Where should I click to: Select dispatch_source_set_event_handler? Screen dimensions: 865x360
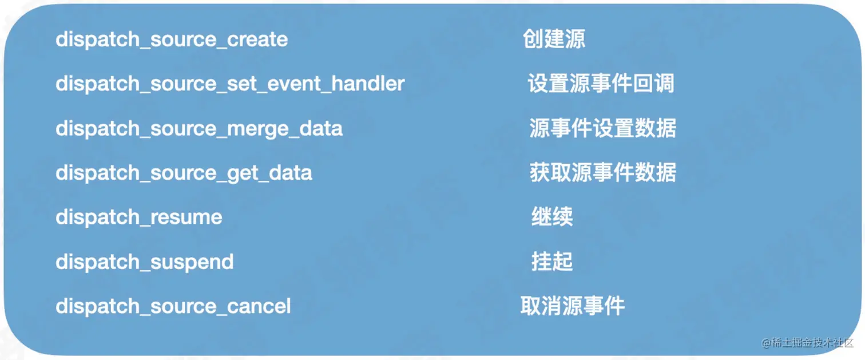pyautogui.click(x=230, y=84)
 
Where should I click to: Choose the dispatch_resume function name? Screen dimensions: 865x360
pyautogui.click(x=139, y=217)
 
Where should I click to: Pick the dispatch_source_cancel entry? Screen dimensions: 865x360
pyautogui.click(x=173, y=306)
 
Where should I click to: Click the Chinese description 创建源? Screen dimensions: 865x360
pyautogui.click(x=554, y=39)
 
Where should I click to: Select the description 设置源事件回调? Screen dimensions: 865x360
pyautogui.click(x=601, y=84)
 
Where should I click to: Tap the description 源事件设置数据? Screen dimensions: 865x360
pyautogui.click(x=603, y=128)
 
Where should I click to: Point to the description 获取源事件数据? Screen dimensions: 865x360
pyautogui.click(x=603, y=172)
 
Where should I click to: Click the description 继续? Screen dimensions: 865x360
pyautogui.click(x=552, y=216)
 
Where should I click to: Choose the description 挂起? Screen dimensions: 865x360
pyautogui.click(x=552, y=261)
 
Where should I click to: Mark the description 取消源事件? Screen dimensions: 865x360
pyautogui.click(x=572, y=306)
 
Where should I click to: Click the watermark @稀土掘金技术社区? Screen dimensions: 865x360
pyautogui.click(x=807, y=343)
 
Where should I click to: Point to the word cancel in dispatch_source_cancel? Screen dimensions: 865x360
pyautogui.click(x=259, y=306)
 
